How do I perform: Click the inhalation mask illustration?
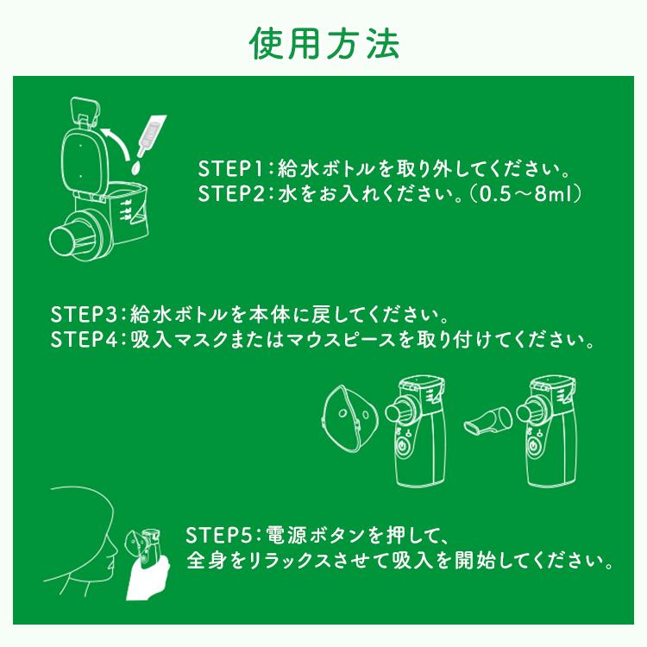(x=349, y=418)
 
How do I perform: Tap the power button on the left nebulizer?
(x=403, y=447)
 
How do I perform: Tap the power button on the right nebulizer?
(x=535, y=447)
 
